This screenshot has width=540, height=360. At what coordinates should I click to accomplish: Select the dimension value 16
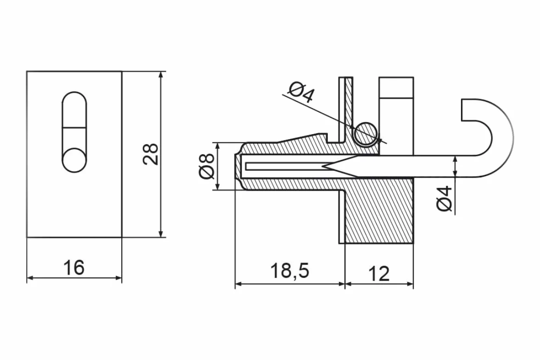(74, 267)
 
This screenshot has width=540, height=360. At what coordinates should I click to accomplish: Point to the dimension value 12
(379, 274)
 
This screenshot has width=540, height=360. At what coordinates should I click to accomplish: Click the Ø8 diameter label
(207, 166)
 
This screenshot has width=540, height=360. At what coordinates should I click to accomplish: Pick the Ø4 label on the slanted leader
(302, 92)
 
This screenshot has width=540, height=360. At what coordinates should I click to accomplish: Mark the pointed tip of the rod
(323, 167)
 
